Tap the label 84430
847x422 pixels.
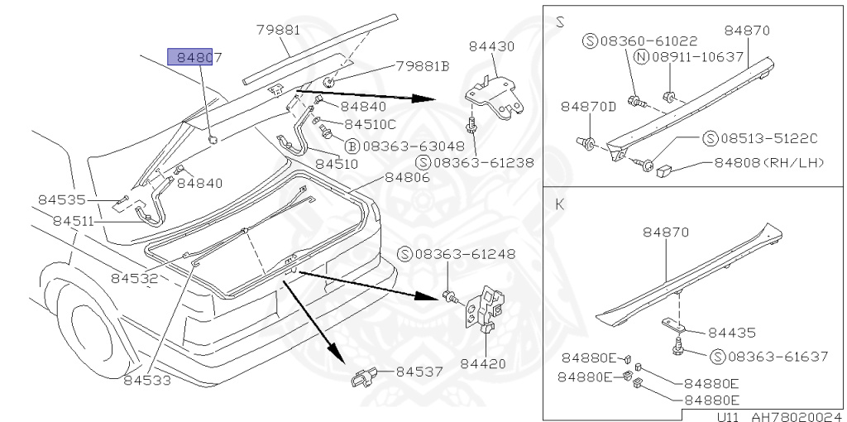pyautogui.click(x=490, y=46)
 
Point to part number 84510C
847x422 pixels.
pyautogui.click(x=370, y=124)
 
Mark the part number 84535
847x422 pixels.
pyautogui.click(x=62, y=199)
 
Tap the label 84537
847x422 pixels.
pyautogui.click(x=420, y=372)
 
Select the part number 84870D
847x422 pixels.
pyautogui.click(x=588, y=107)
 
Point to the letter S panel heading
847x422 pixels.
pyautogui.click(x=560, y=22)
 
